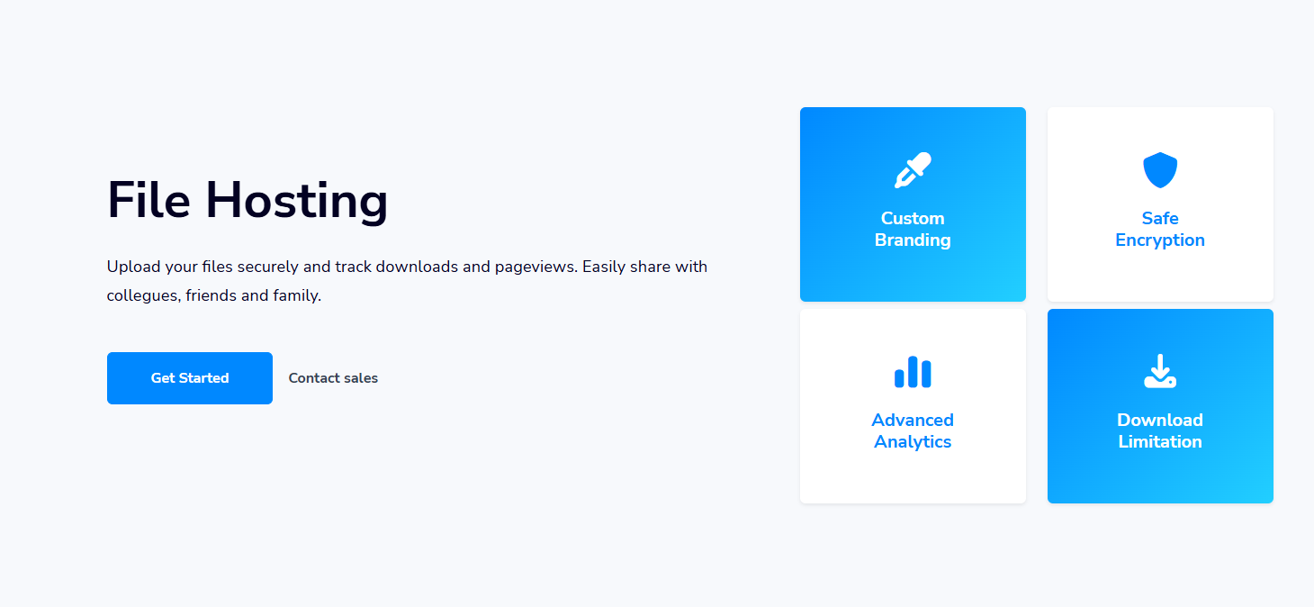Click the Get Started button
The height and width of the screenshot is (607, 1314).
point(190,378)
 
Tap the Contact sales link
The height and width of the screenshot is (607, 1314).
point(333,378)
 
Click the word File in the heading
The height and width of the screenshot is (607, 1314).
point(149,200)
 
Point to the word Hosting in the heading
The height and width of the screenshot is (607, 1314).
point(296,202)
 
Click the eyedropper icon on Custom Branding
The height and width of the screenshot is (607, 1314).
point(913,170)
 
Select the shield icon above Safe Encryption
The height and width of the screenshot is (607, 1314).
point(1160,170)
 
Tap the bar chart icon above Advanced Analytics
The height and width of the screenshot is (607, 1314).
point(913,372)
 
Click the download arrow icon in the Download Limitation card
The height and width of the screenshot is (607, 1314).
point(1160,371)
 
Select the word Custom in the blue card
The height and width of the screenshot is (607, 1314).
point(913,218)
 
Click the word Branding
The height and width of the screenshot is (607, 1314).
point(913,240)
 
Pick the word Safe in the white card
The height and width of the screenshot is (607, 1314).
point(1160,218)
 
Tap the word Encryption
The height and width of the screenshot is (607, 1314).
point(1160,240)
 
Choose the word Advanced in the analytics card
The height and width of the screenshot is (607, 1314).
point(913,421)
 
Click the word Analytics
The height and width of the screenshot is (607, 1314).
point(913,442)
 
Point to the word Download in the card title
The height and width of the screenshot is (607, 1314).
point(1160,421)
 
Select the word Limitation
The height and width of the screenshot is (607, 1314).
point(1160,442)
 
